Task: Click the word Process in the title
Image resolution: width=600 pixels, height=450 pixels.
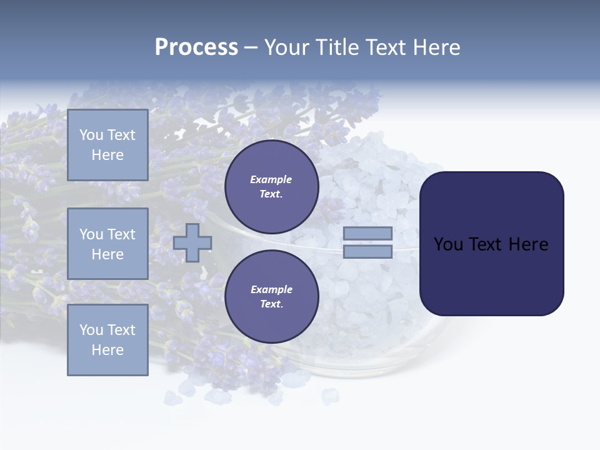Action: (x=196, y=47)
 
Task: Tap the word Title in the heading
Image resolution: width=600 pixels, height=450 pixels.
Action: (x=339, y=47)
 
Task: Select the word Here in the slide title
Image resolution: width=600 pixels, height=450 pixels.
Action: (x=436, y=47)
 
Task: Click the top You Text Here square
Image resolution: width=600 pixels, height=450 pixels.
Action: (x=107, y=145)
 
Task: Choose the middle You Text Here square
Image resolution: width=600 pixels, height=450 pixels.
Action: (x=107, y=244)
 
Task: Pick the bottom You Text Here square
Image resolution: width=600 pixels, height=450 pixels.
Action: (x=107, y=339)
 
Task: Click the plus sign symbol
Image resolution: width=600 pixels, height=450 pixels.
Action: (x=192, y=242)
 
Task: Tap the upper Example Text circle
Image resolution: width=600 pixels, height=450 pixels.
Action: (x=271, y=186)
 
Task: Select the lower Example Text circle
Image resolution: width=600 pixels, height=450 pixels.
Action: (x=271, y=296)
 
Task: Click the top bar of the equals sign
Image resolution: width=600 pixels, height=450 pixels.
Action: (x=367, y=233)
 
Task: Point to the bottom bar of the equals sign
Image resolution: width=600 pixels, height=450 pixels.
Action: (x=367, y=251)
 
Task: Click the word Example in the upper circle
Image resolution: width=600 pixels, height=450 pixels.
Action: (x=271, y=180)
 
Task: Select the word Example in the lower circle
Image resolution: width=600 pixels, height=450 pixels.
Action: (x=271, y=290)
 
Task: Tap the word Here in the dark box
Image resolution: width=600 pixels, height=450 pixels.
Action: (x=529, y=244)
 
